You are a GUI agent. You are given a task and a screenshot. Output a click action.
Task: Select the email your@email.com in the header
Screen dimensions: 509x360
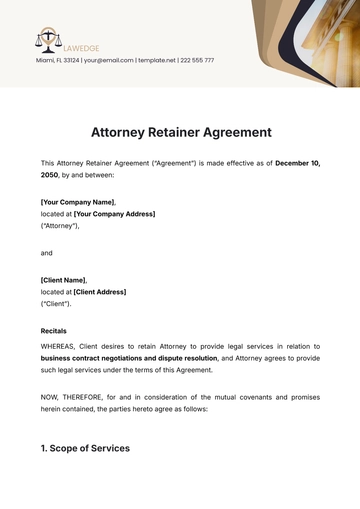click(104, 60)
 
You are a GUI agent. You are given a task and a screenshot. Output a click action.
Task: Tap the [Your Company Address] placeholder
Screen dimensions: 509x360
click(114, 213)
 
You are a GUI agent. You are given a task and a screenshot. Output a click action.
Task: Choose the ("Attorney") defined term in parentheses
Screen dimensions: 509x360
click(60, 226)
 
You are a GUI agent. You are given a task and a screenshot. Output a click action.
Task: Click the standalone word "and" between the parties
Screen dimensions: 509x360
click(47, 253)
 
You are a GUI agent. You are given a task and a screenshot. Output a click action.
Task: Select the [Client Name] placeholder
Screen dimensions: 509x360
click(64, 280)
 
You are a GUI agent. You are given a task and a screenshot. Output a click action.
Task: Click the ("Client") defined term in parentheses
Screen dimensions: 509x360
click(56, 304)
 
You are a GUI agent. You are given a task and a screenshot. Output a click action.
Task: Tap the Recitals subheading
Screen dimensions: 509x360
click(54, 331)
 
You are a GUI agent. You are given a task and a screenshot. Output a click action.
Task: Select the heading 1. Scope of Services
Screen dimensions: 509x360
click(85, 448)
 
